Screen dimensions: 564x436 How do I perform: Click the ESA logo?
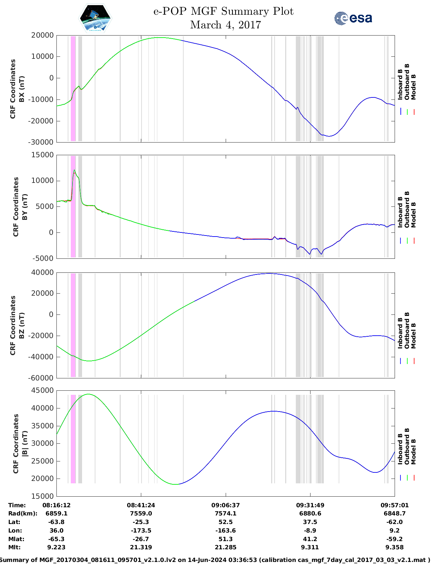(x=353, y=18)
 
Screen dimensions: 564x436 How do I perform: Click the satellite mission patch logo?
(x=95, y=18)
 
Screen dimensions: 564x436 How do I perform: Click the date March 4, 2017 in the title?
(x=225, y=25)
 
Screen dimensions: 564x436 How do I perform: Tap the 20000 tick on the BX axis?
(x=42, y=35)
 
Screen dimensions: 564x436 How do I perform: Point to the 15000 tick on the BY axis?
(x=42, y=155)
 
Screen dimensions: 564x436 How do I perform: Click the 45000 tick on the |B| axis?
(x=42, y=390)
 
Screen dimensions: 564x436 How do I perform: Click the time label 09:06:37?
(x=225, y=505)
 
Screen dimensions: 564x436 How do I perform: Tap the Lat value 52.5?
(x=225, y=522)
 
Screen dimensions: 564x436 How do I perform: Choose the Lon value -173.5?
(x=141, y=531)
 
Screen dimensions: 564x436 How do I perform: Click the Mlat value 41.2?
(x=310, y=539)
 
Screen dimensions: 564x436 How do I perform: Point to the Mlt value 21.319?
(x=141, y=547)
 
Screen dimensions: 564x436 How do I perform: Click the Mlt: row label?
(x=14, y=547)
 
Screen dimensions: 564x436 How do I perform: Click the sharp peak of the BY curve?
(x=74, y=170)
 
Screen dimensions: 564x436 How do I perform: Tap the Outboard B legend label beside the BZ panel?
(x=407, y=331)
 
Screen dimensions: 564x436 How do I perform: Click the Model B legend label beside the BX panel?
(x=413, y=87)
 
